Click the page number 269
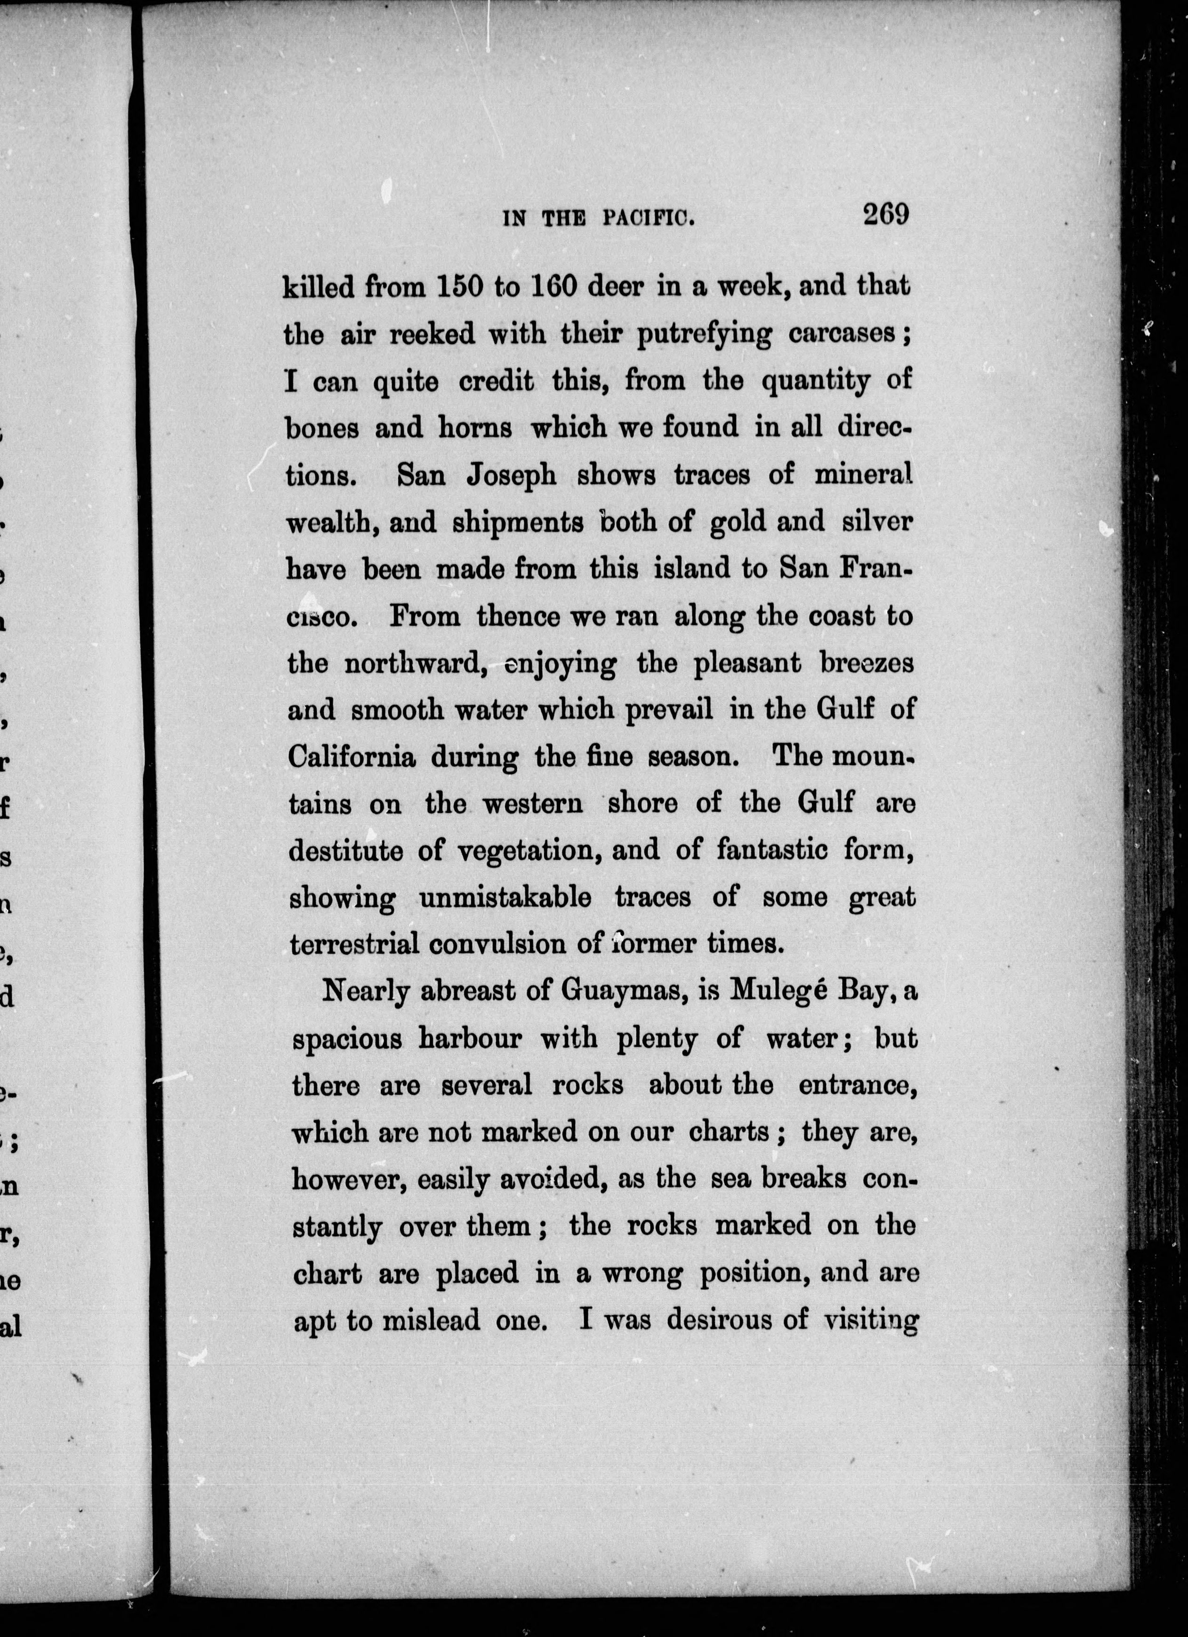[x=885, y=215]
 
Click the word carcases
[x=841, y=335]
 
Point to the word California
[x=352, y=756]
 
